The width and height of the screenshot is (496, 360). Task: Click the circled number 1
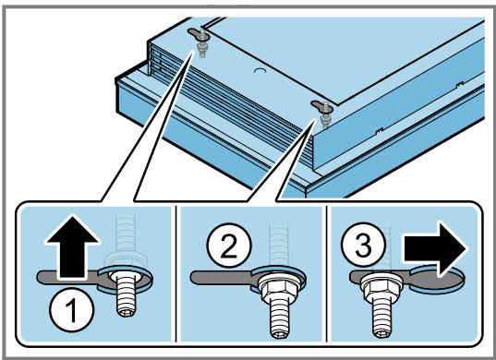pos(72,310)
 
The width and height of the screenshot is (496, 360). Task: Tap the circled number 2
pos(229,246)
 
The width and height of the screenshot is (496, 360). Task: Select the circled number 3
pos(364,245)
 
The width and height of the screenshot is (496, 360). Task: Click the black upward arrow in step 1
pos(72,246)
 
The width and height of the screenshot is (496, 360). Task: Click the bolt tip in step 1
pos(127,311)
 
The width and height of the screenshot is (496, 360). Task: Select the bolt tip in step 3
pos(382,332)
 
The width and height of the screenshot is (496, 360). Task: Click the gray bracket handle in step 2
pos(222,278)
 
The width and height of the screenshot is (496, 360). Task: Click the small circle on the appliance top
pos(260,70)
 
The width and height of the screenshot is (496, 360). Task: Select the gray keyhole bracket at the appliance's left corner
pos(199,33)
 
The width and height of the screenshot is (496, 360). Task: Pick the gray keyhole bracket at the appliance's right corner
pos(322,106)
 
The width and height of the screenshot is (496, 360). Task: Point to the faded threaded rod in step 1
pos(126,240)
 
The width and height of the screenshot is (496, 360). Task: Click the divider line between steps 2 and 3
pos(326,274)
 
